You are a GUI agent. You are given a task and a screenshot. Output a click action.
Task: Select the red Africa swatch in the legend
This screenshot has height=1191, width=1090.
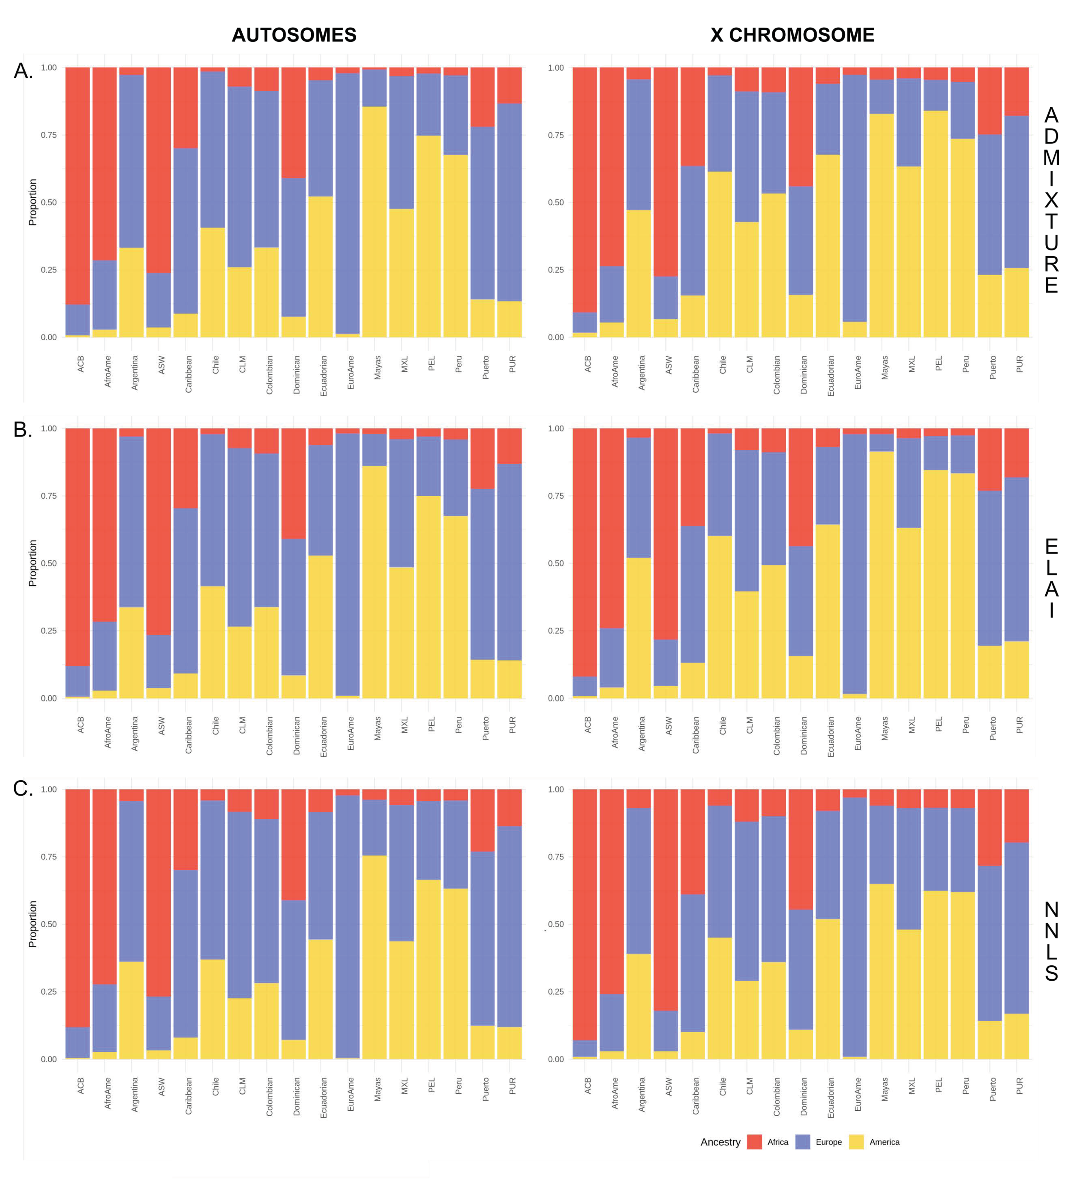coord(754,1142)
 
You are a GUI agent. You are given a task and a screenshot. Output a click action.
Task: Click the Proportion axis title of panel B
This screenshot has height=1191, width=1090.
coord(32,563)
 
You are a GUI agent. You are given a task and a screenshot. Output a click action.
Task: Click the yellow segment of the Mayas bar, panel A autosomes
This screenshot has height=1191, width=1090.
coord(374,225)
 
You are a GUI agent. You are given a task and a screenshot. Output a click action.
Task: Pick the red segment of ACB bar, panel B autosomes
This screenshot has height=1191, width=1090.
coord(77,543)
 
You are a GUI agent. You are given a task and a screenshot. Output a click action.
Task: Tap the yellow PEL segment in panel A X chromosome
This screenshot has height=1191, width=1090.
coord(935,225)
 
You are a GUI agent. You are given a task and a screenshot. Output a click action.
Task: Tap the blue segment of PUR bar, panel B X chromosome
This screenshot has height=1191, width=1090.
coord(1016,558)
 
